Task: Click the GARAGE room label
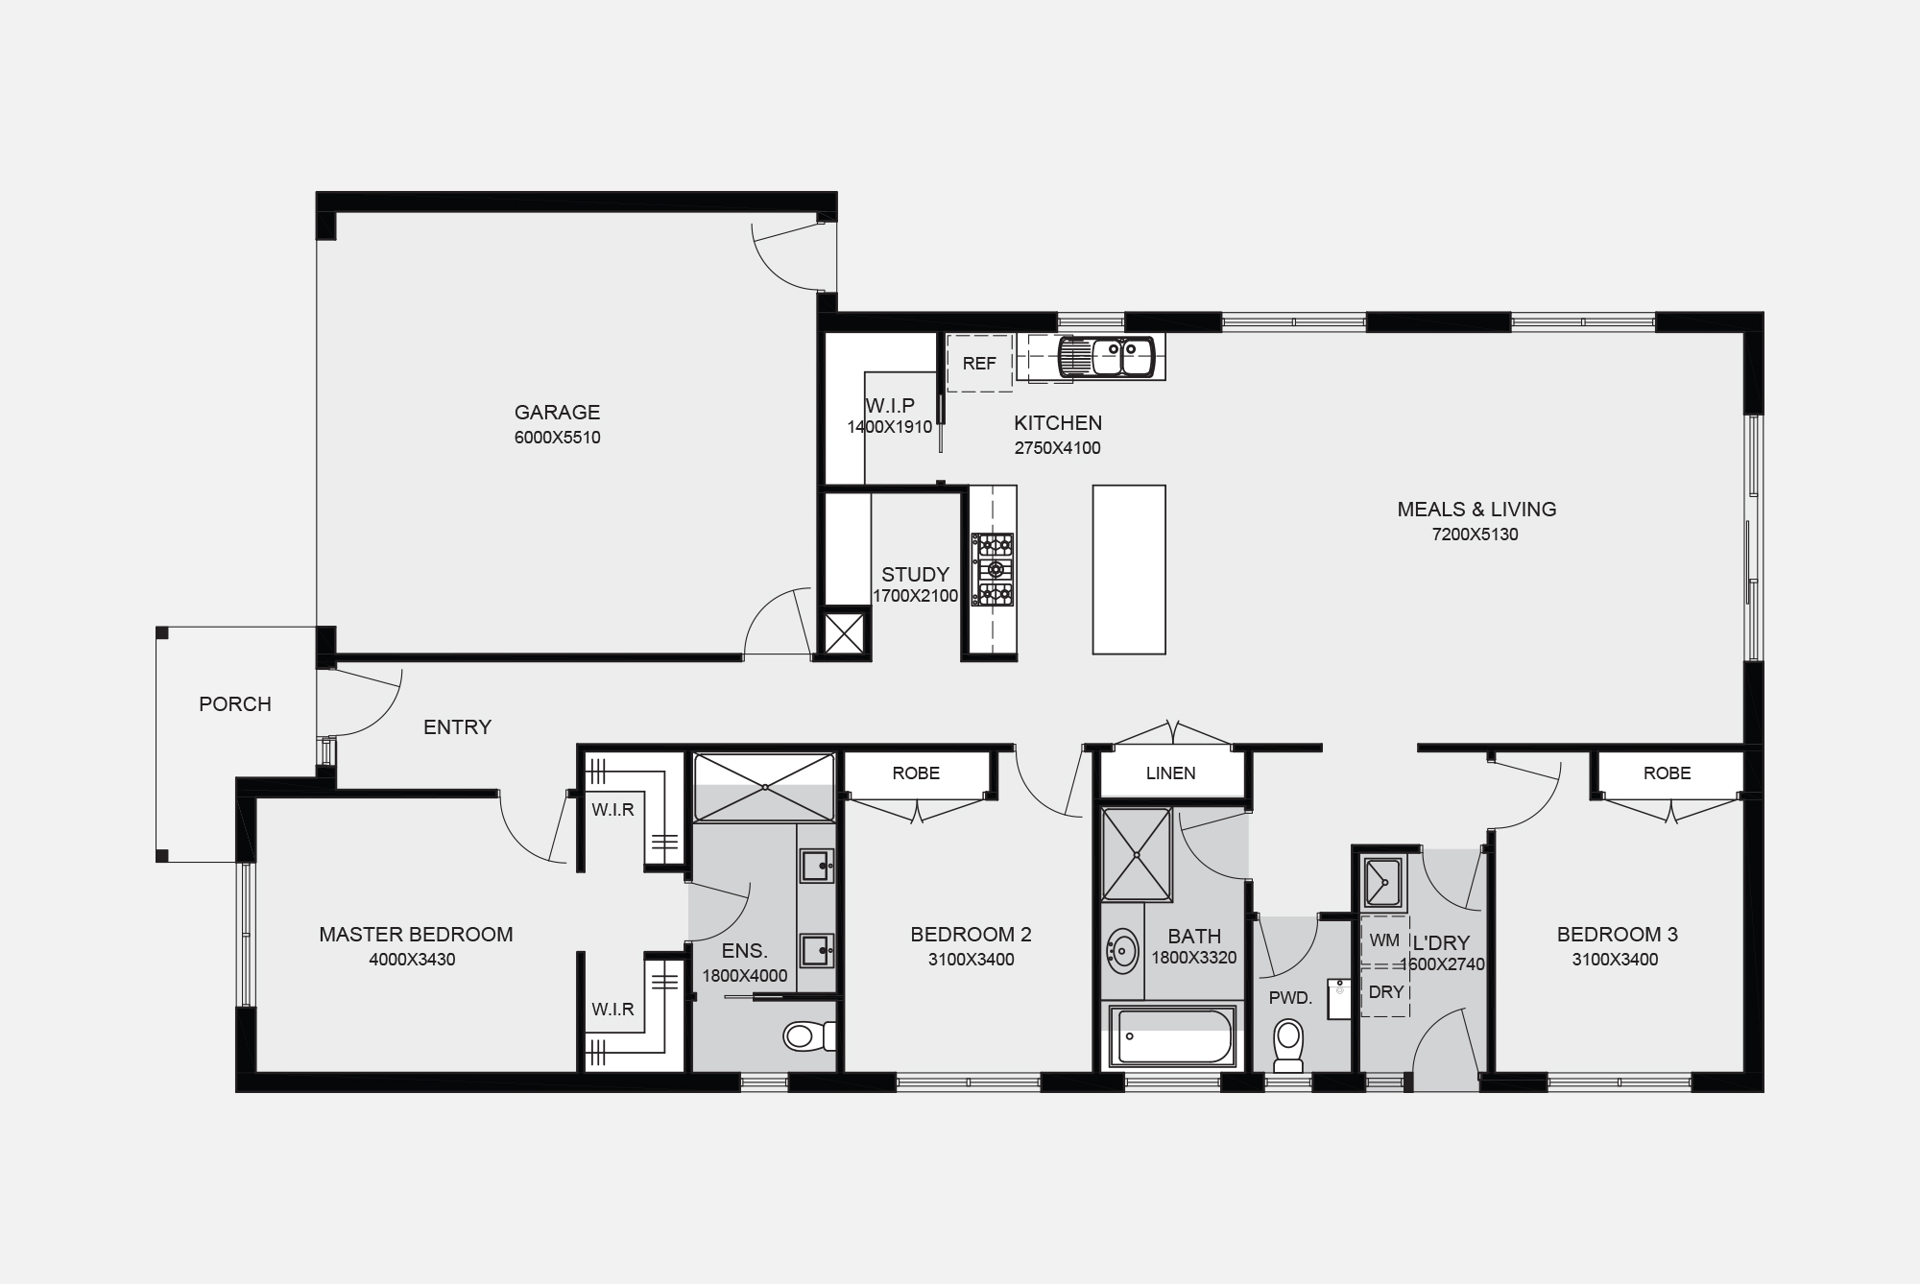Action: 557,413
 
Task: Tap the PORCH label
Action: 235,704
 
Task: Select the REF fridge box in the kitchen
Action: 979,363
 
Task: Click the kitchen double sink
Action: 1105,358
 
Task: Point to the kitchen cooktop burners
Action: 993,570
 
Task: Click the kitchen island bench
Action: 1129,569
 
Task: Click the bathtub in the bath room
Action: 1172,1036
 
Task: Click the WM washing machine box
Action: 1384,941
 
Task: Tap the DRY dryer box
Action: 1385,992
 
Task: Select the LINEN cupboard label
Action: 1171,773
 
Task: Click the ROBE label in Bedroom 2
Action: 916,773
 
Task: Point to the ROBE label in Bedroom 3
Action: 1667,773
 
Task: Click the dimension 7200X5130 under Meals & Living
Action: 1476,535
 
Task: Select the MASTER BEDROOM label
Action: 416,935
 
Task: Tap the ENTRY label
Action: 457,727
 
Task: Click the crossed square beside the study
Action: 846,632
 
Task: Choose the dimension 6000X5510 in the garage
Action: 557,439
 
